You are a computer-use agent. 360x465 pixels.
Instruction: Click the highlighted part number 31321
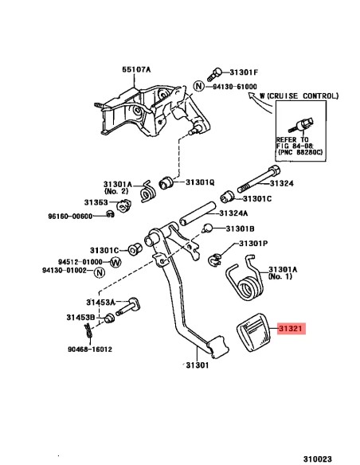click(x=292, y=329)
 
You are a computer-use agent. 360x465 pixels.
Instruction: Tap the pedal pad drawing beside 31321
click(x=254, y=333)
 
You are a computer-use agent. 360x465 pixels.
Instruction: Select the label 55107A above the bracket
click(x=136, y=69)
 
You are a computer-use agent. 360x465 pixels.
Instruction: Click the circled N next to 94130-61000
click(x=199, y=86)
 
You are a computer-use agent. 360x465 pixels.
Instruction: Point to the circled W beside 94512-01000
click(x=115, y=262)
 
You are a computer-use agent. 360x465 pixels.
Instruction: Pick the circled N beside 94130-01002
click(x=100, y=272)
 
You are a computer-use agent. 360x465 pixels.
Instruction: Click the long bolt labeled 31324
click(x=259, y=179)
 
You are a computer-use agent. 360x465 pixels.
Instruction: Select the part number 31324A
click(x=233, y=213)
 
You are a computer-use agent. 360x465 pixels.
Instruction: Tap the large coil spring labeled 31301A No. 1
click(x=245, y=279)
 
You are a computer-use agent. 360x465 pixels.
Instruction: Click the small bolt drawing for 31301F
click(x=214, y=74)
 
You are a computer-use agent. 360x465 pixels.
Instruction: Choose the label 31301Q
click(x=200, y=182)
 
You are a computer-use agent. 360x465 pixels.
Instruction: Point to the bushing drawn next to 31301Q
click(x=166, y=182)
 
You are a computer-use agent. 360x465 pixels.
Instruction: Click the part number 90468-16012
click(x=90, y=349)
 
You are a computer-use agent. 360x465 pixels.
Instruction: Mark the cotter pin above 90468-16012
click(x=88, y=330)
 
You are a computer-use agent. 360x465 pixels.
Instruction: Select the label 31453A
click(x=100, y=303)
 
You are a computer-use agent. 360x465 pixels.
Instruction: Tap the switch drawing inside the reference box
click(x=301, y=124)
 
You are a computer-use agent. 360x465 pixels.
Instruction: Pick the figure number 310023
click(x=317, y=459)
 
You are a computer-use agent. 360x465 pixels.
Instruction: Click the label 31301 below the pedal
click(x=198, y=365)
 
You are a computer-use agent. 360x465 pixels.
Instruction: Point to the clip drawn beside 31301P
click(x=215, y=260)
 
